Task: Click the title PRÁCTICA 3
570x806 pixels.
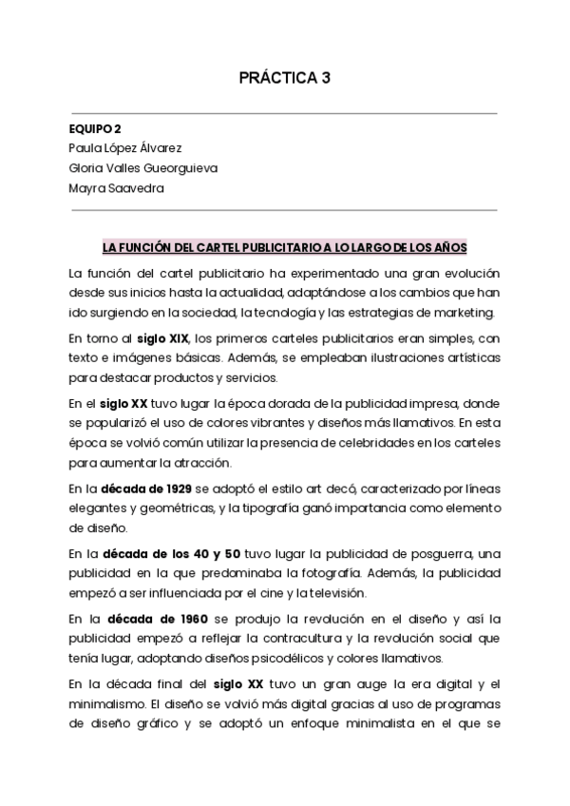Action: coord(284,78)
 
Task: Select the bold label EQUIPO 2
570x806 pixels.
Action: coord(95,128)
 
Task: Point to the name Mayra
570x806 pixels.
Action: coord(87,187)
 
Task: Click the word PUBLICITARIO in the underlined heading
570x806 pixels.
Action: coord(273,247)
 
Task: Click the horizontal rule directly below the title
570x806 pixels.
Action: coord(284,112)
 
